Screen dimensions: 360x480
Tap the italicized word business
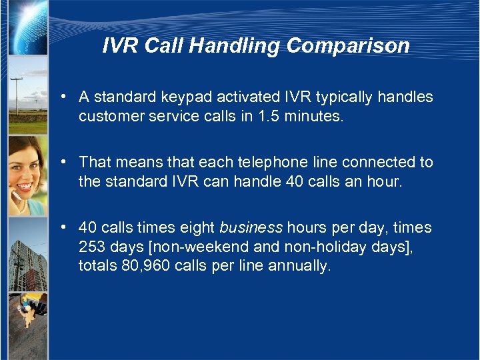[251, 228]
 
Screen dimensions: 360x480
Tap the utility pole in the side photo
[16, 97]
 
